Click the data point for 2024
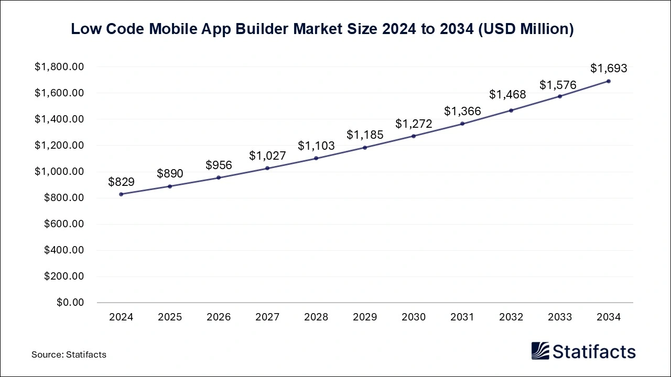coord(121,194)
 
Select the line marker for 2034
coord(609,81)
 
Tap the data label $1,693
coord(609,68)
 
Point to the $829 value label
coord(121,182)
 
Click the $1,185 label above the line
coord(365,135)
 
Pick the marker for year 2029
coord(365,148)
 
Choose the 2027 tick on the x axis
coord(267,317)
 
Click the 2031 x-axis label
coord(462,317)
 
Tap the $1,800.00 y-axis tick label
coord(59,67)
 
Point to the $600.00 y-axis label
coord(64,224)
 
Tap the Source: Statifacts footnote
coord(69,354)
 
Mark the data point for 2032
coord(511,110)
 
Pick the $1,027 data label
coord(267,156)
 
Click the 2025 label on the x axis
coord(170,317)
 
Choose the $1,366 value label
coord(462,111)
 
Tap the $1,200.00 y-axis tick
coord(59,146)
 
